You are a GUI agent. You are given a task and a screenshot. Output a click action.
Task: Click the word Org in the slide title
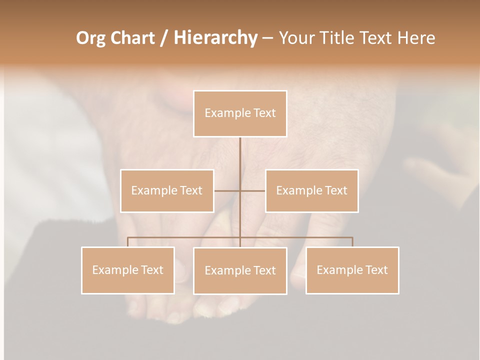(91, 38)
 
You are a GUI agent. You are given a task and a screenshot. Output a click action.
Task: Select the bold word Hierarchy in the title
(215, 38)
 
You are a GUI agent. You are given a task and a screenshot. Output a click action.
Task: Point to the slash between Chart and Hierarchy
(164, 38)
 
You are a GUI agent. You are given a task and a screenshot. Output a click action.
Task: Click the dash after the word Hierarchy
(267, 38)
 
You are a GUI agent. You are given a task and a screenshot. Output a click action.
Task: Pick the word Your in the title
(295, 38)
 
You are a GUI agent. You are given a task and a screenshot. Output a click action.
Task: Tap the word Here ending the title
(416, 38)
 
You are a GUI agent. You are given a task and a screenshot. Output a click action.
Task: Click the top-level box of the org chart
(240, 113)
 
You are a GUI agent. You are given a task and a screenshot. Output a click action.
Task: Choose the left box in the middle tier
(167, 190)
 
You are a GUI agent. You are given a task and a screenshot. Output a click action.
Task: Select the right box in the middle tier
(311, 190)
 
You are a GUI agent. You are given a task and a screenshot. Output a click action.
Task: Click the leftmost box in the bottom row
(128, 270)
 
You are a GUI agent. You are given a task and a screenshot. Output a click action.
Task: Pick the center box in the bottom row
(240, 270)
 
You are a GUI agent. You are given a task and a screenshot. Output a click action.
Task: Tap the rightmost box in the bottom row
(352, 270)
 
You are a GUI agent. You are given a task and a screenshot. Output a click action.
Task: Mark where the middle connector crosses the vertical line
(240, 190)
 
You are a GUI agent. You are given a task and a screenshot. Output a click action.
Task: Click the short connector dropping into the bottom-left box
(127, 242)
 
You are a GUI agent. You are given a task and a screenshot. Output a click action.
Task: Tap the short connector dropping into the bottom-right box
(352, 242)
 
